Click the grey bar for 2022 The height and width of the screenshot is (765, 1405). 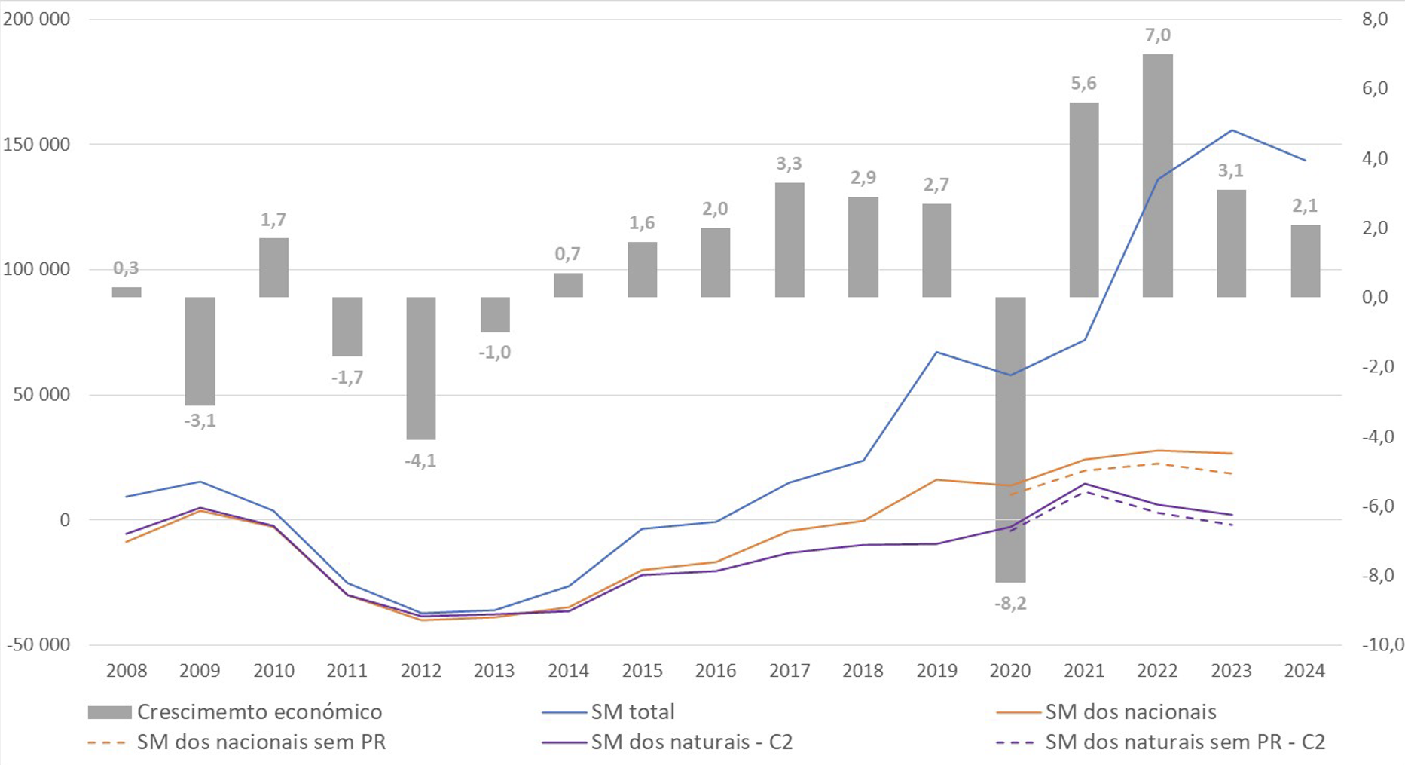[1157, 175]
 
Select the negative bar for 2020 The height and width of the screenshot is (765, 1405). [1009, 439]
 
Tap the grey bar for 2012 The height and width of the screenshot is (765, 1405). [420, 368]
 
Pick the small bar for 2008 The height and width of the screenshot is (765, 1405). [127, 292]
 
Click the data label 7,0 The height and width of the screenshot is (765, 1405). [1158, 35]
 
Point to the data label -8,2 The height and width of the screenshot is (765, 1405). [1010, 604]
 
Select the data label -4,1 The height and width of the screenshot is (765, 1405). [420, 461]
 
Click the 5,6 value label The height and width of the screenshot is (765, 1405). [1083, 84]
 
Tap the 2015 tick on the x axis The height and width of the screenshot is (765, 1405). [642, 671]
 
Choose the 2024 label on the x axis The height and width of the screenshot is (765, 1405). [1304, 671]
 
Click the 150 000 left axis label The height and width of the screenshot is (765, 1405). [36, 145]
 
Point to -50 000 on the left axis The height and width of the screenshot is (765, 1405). [38, 645]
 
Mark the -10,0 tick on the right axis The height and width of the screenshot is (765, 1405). [1382, 645]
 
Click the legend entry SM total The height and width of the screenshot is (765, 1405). [632, 712]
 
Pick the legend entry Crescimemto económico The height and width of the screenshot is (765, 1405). [258, 712]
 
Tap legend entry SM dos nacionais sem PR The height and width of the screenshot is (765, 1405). [261, 742]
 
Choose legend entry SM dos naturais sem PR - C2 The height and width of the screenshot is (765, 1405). [1184, 742]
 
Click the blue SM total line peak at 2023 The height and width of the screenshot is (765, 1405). [1231, 130]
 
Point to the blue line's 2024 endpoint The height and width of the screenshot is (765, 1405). [1304, 160]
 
